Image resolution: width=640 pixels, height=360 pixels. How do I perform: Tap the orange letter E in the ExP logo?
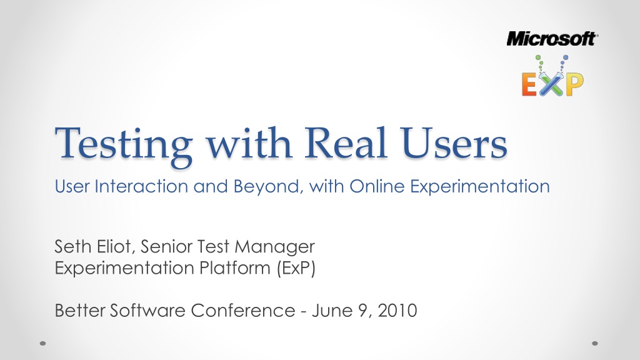click(529, 84)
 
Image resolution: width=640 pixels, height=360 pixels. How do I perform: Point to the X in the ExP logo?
click(551, 84)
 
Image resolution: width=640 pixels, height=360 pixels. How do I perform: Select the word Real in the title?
click(346, 142)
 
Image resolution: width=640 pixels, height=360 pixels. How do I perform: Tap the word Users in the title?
click(454, 143)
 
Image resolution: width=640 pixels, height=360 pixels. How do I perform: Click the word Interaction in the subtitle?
click(141, 186)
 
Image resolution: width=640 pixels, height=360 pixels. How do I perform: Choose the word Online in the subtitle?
click(377, 186)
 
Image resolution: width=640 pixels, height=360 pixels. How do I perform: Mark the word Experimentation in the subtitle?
click(480, 186)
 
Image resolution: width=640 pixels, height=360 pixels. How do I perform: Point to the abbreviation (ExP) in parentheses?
click(296, 269)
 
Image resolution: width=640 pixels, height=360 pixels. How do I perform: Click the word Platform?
click(235, 268)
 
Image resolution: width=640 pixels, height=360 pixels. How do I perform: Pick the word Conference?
click(243, 311)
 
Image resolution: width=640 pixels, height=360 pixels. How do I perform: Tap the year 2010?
click(397, 311)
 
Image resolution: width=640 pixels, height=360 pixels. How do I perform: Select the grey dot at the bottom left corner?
click(43, 343)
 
